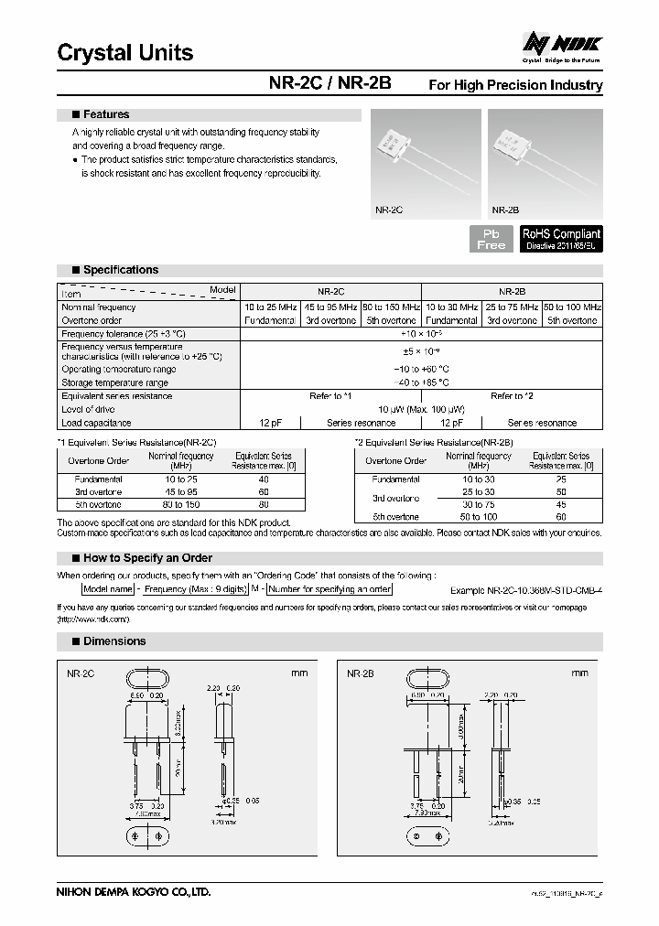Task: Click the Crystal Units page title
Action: click(x=125, y=53)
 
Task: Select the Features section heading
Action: click(x=105, y=114)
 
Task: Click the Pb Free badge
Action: click(x=491, y=239)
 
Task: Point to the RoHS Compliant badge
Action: click(x=561, y=239)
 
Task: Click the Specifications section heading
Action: click(x=120, y=270)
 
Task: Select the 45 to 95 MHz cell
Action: click(x=329, y=307)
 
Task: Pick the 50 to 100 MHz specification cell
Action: click(x=572, y=307)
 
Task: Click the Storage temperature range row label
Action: click(x=114, y=382)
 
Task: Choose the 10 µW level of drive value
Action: click(x=421, y=409)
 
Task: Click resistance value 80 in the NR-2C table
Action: click(x=264, y=504)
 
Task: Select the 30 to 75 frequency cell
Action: click(x=479, y=504)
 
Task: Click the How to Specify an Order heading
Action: click(x=147, y=557)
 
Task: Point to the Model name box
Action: click(x=108, y=589)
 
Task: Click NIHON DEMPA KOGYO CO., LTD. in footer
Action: click(x=134, y=892)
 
